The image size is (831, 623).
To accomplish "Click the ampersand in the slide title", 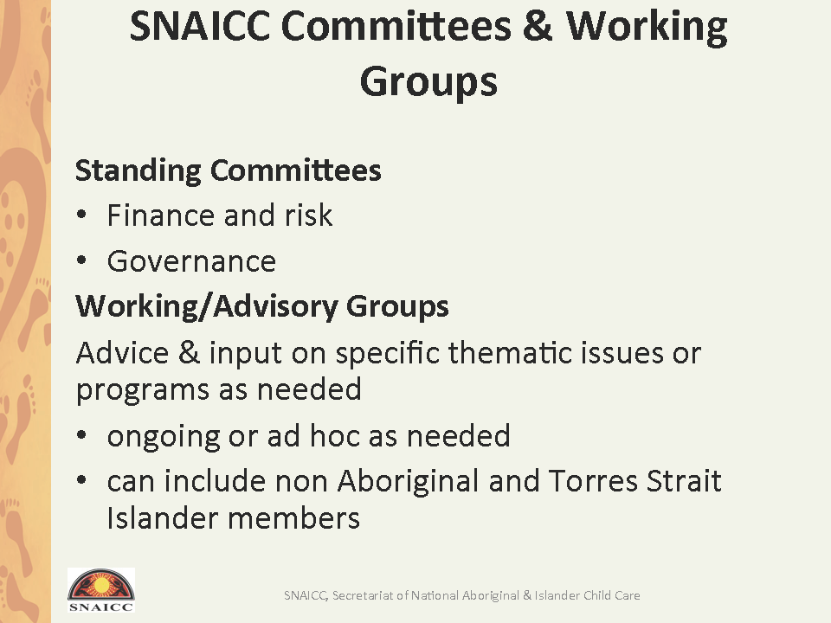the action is click(538, 26).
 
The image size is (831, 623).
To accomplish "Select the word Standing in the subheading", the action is click(138, 171).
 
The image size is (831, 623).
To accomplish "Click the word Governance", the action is click(191, 261).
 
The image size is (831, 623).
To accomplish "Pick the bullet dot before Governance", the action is click(81, 260).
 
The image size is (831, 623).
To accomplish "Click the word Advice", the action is click(122, 353).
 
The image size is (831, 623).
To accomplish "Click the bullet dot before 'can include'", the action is click(81, 480).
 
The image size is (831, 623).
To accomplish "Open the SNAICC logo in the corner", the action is click(101, 590).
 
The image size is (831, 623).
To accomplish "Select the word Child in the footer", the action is click(597, 595).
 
